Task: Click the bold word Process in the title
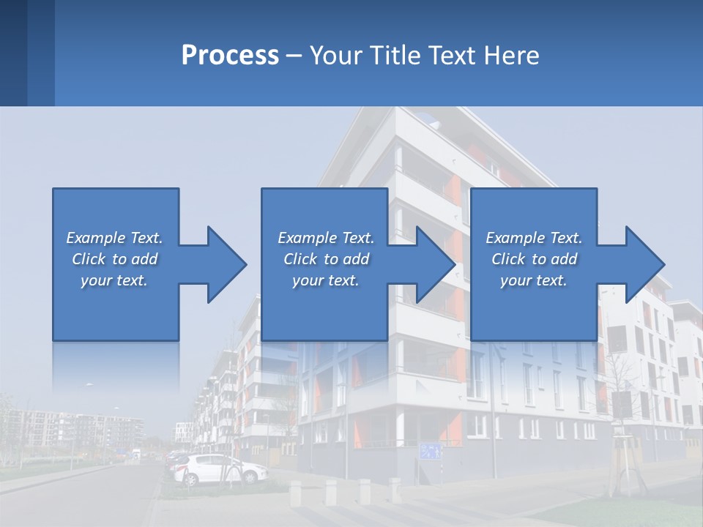(x=230, y=56)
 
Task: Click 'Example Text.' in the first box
(x=114, y=238)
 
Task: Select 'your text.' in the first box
(x=114, y=280)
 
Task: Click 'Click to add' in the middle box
(x=326, y=259)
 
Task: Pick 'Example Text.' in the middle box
(x=326, y=238)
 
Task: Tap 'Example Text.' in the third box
(x=534, y=238)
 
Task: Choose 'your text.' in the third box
(x=534, y=280)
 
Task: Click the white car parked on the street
(x=220, y=468)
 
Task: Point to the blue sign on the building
(x=431, y=450)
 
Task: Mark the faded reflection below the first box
(x=115, y=366)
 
